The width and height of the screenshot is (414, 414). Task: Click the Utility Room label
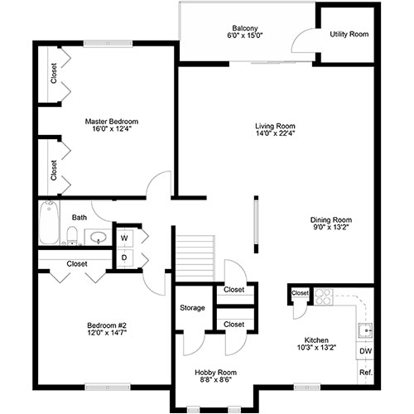tap(349, 34)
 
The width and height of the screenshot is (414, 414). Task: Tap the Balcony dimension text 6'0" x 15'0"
tap(245, 36)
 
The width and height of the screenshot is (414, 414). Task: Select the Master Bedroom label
tap(112, 122)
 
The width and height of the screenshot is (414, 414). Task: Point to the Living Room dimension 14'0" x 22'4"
tap(275, 133)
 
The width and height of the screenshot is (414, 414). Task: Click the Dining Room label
tap(331, 220)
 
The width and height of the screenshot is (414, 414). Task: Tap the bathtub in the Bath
tap(49, 223)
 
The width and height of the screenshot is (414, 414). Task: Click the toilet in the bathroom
tap(72, 236)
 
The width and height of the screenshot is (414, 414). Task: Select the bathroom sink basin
tap(99, 237)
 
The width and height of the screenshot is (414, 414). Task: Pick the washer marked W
tap(124, 238)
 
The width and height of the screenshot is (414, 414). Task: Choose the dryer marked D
tap(124, 258)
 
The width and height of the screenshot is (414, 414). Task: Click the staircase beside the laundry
tap(195, 258)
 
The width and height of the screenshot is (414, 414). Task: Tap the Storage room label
tap(192, 308)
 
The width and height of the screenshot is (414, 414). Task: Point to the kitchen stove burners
tap(323, 296)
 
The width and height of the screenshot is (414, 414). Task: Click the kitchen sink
tap(365, 330)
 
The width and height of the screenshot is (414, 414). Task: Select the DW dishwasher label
tap(366, 351)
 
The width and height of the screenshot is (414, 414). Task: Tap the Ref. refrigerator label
tap(366, 373)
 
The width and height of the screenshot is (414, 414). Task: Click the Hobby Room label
tap(215, 373)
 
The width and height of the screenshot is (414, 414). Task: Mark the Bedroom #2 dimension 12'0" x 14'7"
tap(107, 333)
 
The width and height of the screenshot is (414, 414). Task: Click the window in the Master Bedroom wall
tap(108, 43)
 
